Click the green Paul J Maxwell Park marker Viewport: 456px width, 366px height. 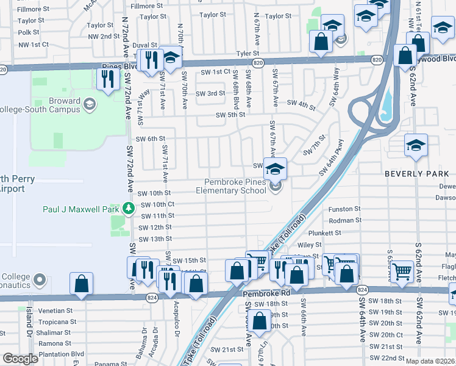128,209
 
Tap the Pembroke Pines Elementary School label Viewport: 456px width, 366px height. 235,186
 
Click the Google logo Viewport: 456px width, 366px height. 20,359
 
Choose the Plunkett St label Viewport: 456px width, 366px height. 341,233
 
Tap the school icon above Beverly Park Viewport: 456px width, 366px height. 416,145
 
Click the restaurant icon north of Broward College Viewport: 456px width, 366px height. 107,78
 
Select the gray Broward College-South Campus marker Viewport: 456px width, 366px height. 90,104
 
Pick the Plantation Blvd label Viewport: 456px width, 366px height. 60,354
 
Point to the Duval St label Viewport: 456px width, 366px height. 145,45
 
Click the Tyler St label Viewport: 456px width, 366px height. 248,54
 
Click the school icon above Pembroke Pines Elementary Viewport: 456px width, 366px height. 275,168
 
